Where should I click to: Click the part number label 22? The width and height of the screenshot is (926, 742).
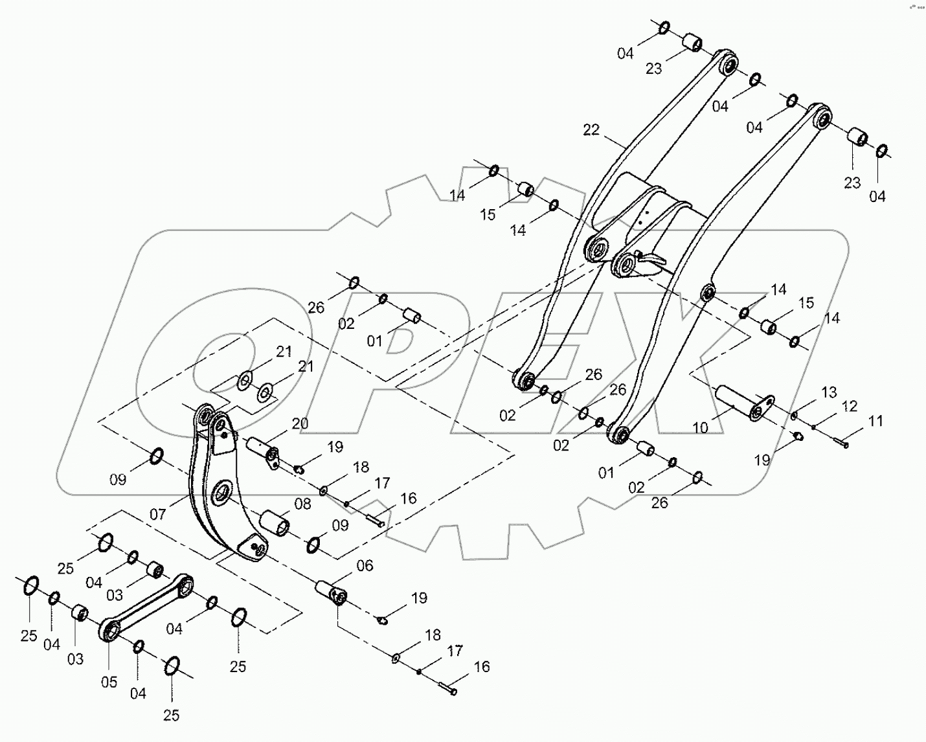[x=591, y=130]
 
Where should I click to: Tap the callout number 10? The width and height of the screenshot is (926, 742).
[x=700, y=428]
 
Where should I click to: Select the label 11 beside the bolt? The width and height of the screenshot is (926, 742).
[x=875, y=422]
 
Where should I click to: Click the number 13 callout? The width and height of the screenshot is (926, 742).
[x=829, y=392]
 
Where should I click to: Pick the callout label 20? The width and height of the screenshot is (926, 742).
[x=300, y=423]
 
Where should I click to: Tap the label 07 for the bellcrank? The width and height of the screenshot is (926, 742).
[x=157, y=515]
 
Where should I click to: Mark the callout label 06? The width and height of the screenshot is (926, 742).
[x=365, y=566]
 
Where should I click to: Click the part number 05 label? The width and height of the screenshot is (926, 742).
[x=109, y=682]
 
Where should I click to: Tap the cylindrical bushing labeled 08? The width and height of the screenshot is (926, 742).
[x=275, y=522]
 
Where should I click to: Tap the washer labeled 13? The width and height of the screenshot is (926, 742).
[x=795, y=415]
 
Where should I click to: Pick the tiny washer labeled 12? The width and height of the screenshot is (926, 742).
[x=814, y=427]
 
